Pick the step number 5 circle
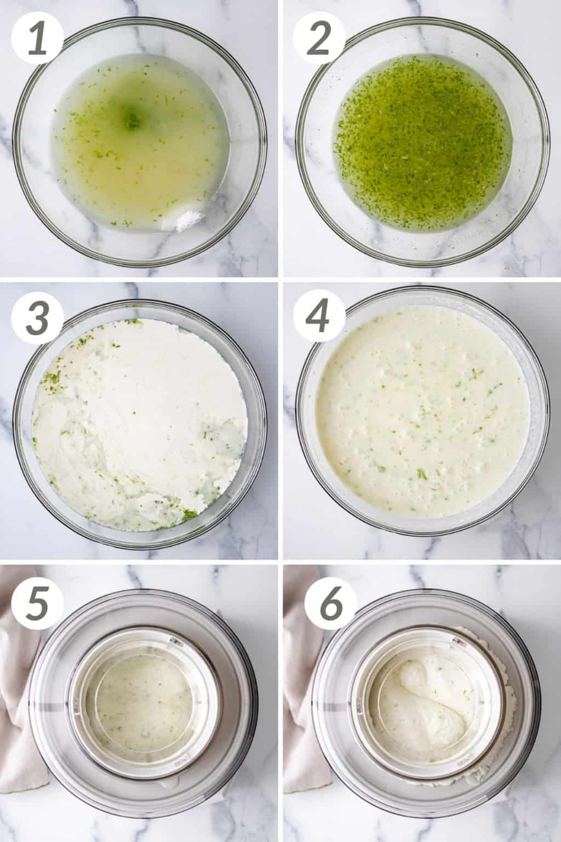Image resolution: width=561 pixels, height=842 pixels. pos(37,599)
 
